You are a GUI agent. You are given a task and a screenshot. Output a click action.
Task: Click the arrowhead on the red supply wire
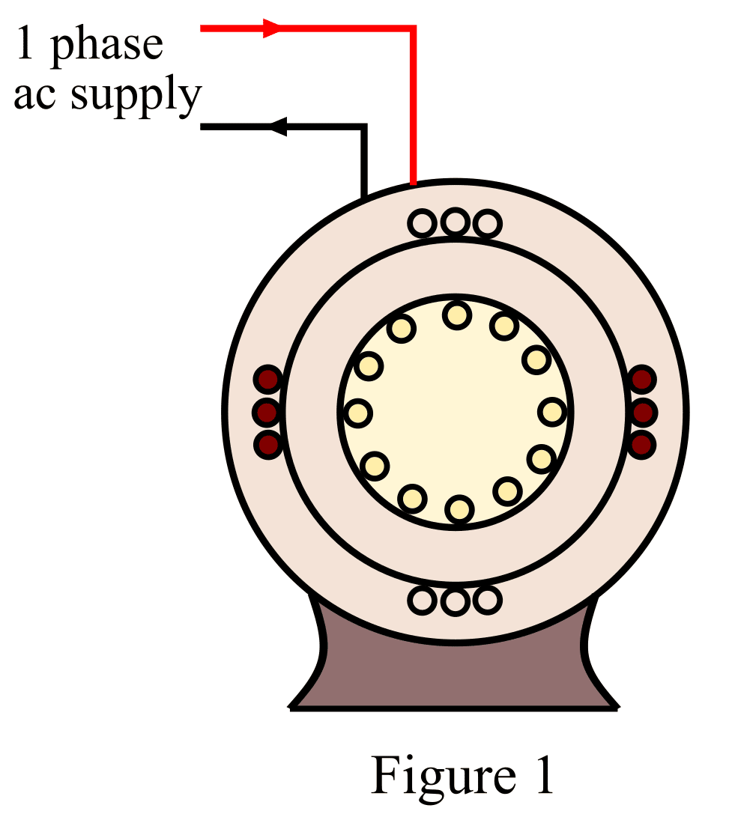pyautogui.click(x=271, y=28)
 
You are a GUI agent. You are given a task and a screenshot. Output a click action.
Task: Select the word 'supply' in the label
pyautogui.click(x=136, y=97)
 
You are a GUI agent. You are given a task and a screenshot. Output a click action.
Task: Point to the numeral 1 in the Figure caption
pyautogui.click(x=540, y=777)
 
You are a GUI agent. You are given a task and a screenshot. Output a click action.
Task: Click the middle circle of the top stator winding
pyautogui.click(x=455, y=223)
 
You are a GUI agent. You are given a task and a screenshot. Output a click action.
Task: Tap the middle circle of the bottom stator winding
pyautogui.click(x=455, y=601)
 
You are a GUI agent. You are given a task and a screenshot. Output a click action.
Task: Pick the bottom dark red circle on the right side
pyautogui.click(x=641, y=445)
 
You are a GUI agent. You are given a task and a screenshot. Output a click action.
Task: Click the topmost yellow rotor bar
pyautogui.click(x=456, y=315)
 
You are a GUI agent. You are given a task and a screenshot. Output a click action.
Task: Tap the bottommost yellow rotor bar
pyautogui.click(x=459, y=510)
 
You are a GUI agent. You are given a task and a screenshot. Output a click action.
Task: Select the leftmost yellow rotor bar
pyautogui.click(x=359, y=413)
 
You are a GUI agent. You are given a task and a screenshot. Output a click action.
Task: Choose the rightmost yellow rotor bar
pyautogui.click(x=552, y=412)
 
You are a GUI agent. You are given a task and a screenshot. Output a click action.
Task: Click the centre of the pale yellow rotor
pyautogui.click(x=456, y=412)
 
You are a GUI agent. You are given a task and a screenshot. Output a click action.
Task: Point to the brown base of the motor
pyautogui.click(x=455, y=674)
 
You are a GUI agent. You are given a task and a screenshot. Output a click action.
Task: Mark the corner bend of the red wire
pyautogui.click(x=412, y=29)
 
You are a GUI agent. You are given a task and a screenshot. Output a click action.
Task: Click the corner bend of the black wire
pyautogui.click(x=363, y=127)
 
